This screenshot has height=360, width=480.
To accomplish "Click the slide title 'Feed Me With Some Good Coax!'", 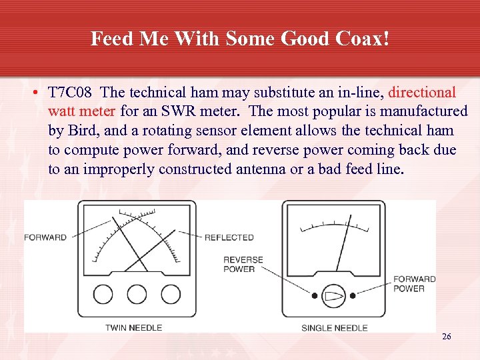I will tap(239, 39).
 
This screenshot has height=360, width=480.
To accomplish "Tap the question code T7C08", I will tap(69, 92).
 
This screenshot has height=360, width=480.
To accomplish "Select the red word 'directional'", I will tap(422, 92).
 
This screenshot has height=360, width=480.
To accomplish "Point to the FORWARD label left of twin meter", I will tap(45, 237).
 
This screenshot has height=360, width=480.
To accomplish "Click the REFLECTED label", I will tap(229, 237).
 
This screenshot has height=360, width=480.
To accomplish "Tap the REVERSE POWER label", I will tap(243, 264).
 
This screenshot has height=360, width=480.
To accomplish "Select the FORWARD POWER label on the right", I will tap(414, 284).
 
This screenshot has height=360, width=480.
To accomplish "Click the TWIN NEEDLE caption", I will tap(133, 327).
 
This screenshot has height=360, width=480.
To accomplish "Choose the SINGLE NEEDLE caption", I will tap(335, 327).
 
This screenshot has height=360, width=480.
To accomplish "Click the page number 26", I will tap(446, 337).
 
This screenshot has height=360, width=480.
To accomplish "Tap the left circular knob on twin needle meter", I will tap(103, 294).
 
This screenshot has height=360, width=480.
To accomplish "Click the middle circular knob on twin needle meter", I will tap(137, 294).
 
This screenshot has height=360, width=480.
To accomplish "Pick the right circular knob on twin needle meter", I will tap(170, 294).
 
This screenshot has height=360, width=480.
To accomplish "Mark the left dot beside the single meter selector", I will tap(314, 295).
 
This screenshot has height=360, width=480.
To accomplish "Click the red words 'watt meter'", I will tap(82, 111).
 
